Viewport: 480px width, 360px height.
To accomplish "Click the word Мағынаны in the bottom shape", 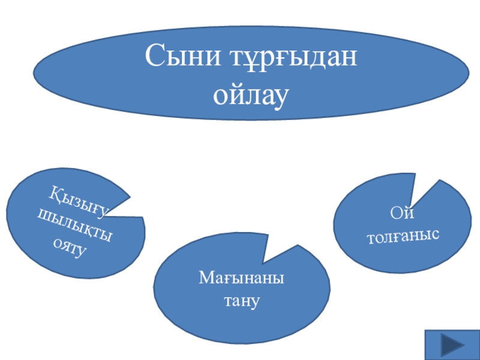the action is [x=242, y=279].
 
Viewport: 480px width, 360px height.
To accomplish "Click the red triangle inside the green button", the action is [x=452, y=346].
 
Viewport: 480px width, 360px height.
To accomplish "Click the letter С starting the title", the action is [x=154, y=59].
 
